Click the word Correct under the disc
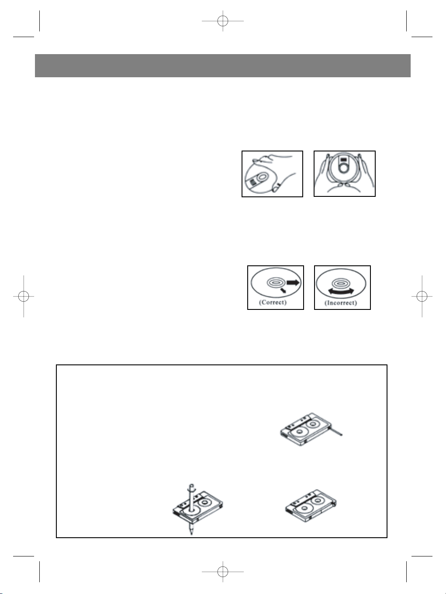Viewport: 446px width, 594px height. pyautogui.click(x=273, y=302)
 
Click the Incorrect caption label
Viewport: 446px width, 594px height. pyautogui.click(x=341, y=303)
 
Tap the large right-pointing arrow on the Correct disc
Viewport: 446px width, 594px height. pyautogui.click(x=293, y=282)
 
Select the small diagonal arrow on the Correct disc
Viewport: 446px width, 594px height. pyautogui.click(x=284, y=290)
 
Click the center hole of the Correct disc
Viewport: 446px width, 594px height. pyautogui.click(x=276, y=282)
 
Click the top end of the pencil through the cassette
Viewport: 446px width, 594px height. pyautogui.click(x=192, y=486)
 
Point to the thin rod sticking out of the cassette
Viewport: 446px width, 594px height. pyautogui.click(x=336, y=431)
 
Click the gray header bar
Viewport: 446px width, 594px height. pyautogui.click(x=223, y=65)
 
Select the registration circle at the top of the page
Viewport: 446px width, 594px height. pyautogui.click(x=223, y=21)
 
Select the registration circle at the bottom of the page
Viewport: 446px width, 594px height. pyautogui.click(x=223, y=572)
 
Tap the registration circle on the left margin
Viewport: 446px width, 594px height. pyautogui.click(x=24, y=296)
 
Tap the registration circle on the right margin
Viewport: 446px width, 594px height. pyautogui.click(x=422, y=296)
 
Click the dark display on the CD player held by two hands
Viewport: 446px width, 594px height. pyautogui.click(x=344, y=160)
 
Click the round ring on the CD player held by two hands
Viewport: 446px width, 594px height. pyautogui.click(x=344, y=168)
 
